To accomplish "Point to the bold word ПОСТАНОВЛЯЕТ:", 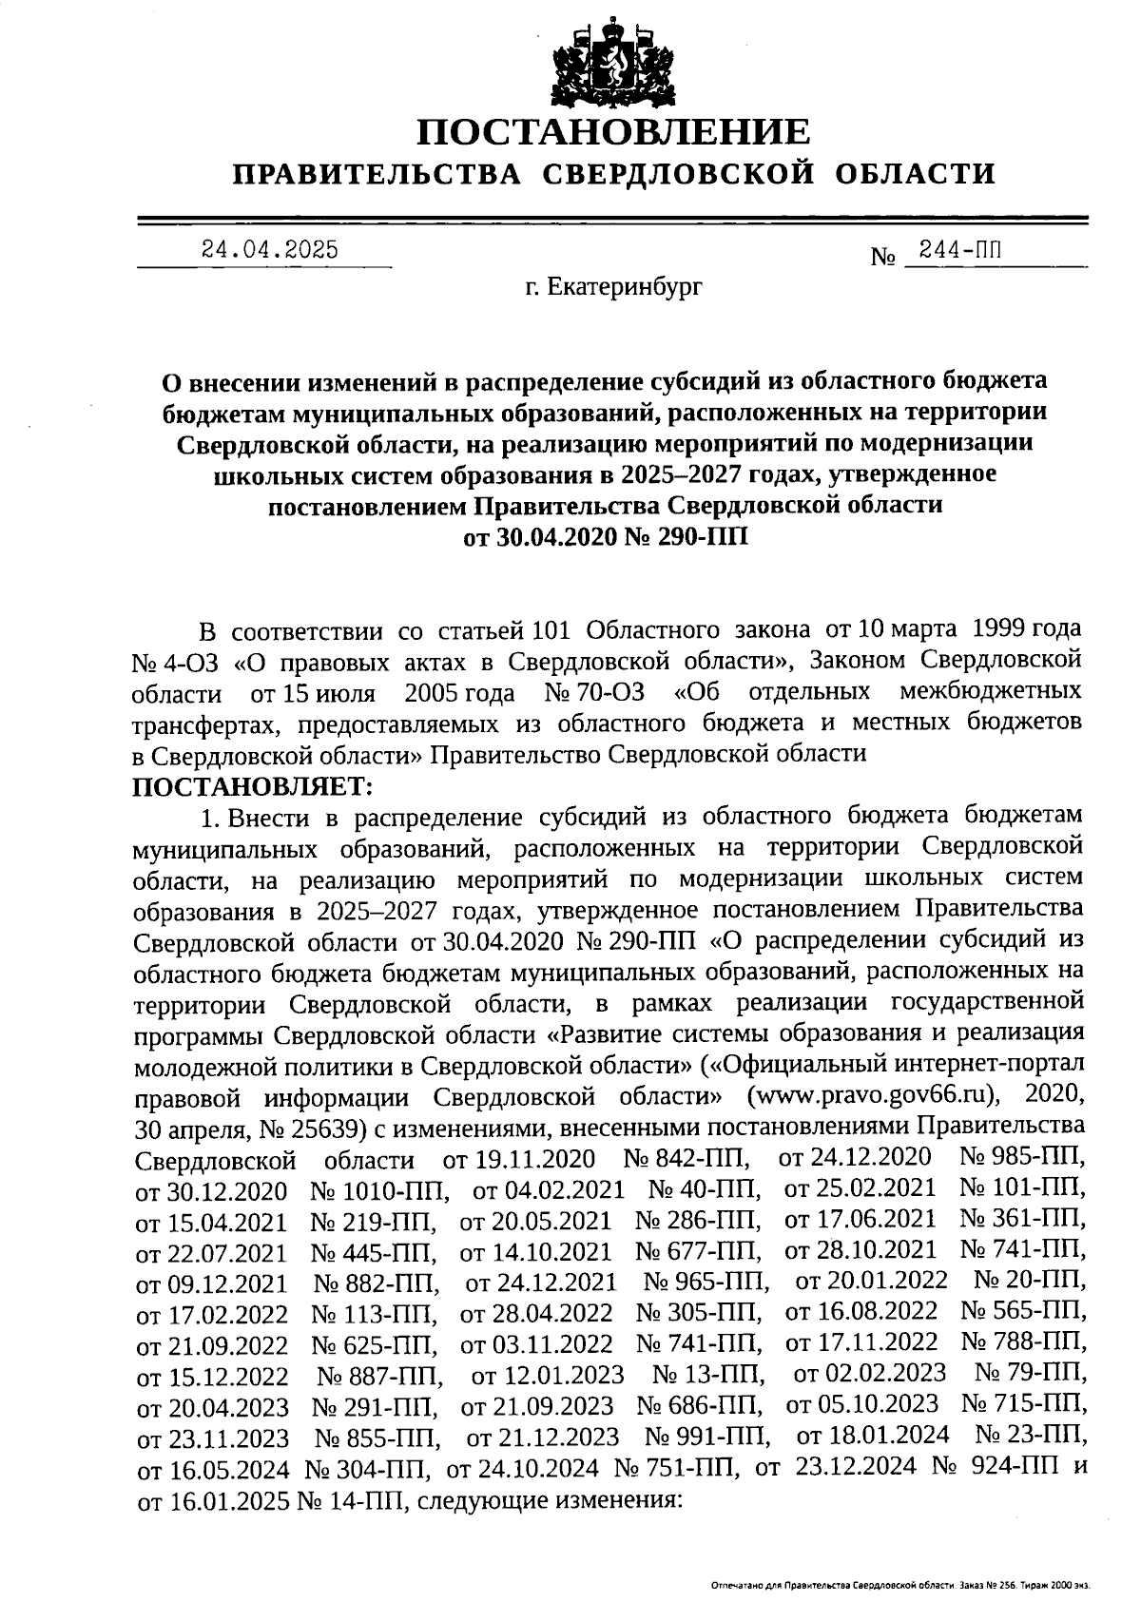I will (253, 785).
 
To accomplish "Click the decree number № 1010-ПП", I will (379, 1190).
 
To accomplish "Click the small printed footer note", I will (899, 1587).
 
